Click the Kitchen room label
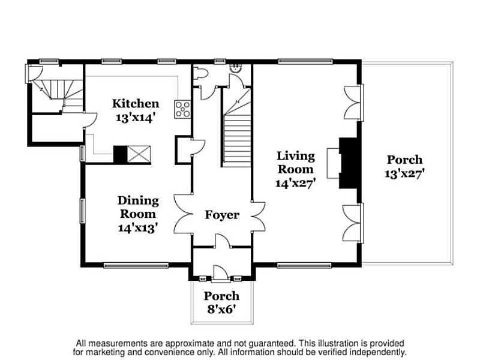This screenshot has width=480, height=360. [x=136, y=103]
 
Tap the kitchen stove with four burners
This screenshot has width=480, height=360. [x=182, y=109]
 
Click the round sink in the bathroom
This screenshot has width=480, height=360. [x=236, y=68]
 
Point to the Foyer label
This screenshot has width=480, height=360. [x=222, y=215]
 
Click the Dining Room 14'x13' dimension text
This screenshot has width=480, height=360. [x=138, y=228]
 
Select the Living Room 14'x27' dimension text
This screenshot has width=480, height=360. [x=296, y=183]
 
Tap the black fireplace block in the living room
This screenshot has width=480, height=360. [x=349, y=163]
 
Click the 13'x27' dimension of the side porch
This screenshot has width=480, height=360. [x=404, y=174]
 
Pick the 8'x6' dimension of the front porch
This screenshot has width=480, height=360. [x=221, y=310]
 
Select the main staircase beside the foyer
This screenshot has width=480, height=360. [x=236, y=127]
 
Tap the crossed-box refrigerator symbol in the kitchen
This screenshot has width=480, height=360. [x=139, y=154]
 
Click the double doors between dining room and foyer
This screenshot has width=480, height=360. [x=183, y=214]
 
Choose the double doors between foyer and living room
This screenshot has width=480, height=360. [x=258, y=217]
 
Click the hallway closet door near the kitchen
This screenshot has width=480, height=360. [x=198, y=148]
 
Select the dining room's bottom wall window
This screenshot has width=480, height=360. [x=136, y=265]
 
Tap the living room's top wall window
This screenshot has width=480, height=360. [x=305, y=62]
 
